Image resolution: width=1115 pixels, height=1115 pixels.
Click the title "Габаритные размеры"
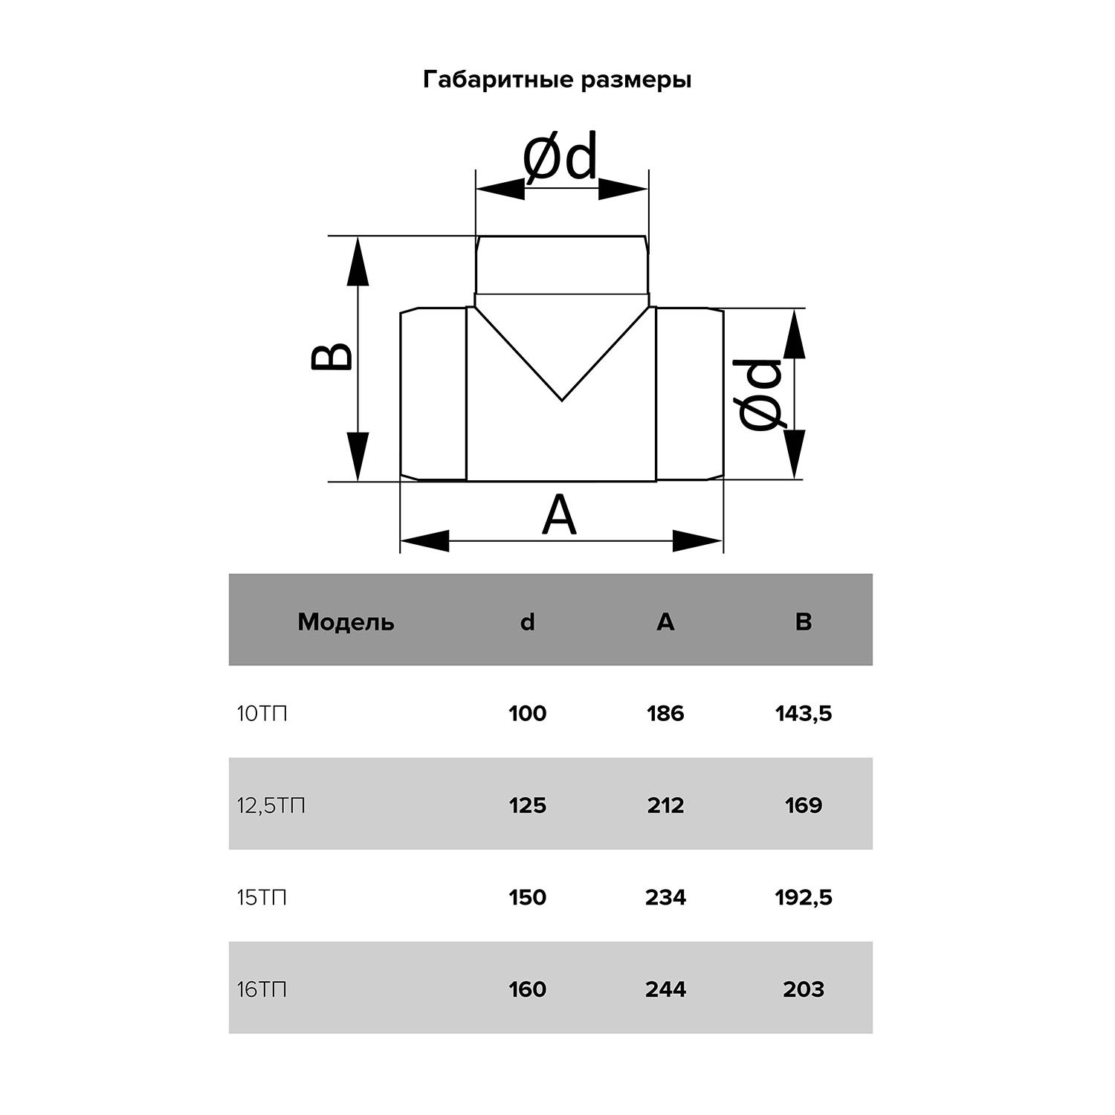[557, 80]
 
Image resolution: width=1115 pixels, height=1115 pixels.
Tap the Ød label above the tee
[560, 158]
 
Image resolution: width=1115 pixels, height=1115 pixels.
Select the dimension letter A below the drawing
[559, 515]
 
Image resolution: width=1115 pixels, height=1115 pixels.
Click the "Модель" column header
[346, 621]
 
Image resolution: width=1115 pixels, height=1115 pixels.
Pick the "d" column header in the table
[527, 621]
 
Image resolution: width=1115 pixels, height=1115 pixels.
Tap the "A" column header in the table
[665, 621]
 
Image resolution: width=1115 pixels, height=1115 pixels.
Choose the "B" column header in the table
[803, 621]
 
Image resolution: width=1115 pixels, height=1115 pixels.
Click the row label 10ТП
[262, 714]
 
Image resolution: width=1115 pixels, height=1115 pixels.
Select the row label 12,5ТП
[271, 806]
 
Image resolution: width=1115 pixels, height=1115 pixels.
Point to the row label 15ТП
[262, 898]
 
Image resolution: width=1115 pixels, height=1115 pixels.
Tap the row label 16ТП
[262, 990]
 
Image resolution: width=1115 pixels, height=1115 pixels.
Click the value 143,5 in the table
[804, 714]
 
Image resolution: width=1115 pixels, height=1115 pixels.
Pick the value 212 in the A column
[665, 806]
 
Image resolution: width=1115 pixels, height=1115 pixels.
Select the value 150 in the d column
[527, 898]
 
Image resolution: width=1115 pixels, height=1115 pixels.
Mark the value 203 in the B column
[804, 990]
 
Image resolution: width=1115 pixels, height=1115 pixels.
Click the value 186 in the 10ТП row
[665, 714]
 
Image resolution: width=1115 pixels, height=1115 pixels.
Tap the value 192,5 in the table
[804, 898]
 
